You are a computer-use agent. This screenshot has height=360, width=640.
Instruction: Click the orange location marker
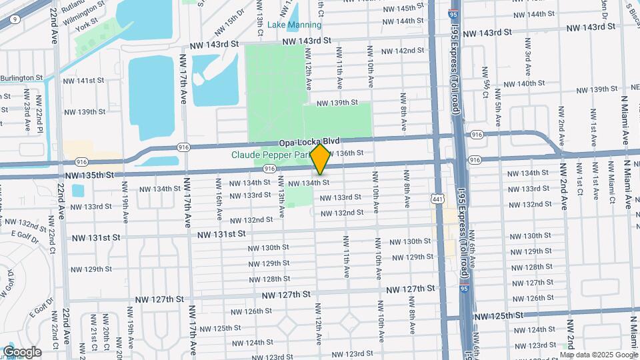pyautogui.click(x=321, y=159)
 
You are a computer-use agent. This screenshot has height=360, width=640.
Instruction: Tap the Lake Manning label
pyautogui.click(x=294, y=25)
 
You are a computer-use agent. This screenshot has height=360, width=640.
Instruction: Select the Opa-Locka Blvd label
pyautogui.click(x=309, y=141)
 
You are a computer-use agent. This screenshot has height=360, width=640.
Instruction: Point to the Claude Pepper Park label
pyautogui.click(x=269, y=155)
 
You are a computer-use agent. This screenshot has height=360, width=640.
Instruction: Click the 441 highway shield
pyautogui.click(x=437, y=199)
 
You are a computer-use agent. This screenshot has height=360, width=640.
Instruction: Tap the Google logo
pyautogui.click(x=22, y=352)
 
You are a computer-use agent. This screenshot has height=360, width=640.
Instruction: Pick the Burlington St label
pyautogui.click(x=21, y=78)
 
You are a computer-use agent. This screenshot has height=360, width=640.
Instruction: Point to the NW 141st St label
pyautogui.click(x=86, y=80)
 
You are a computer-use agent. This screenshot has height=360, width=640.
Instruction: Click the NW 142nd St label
pyautogui.click(x=403, y=51)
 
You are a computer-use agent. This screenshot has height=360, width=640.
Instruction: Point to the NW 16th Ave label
pyautogui.click(x=219, y=198)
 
